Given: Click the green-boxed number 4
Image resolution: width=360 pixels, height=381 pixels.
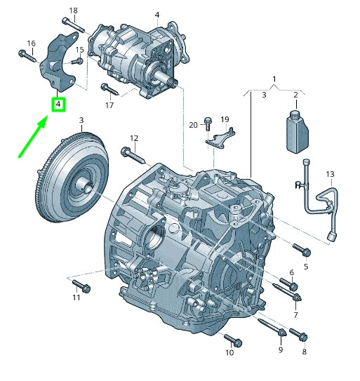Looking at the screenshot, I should pos(58,105).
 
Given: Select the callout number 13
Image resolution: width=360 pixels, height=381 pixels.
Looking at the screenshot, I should pos(331,173).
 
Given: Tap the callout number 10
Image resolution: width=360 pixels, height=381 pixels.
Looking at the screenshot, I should pos(229,353).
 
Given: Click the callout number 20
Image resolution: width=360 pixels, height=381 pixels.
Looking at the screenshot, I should pos(194,125).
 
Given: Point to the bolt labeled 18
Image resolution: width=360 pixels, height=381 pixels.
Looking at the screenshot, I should pos(76,27).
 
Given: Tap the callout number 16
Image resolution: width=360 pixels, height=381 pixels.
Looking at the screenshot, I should pos(30,44).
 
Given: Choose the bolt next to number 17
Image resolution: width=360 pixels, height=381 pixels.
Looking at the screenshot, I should pos(109,89).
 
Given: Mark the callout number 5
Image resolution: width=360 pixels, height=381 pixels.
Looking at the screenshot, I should pos(306,267).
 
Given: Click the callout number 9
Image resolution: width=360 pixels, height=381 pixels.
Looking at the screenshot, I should pos(280,349).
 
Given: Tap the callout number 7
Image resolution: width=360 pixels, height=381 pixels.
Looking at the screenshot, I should pos(295,315).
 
